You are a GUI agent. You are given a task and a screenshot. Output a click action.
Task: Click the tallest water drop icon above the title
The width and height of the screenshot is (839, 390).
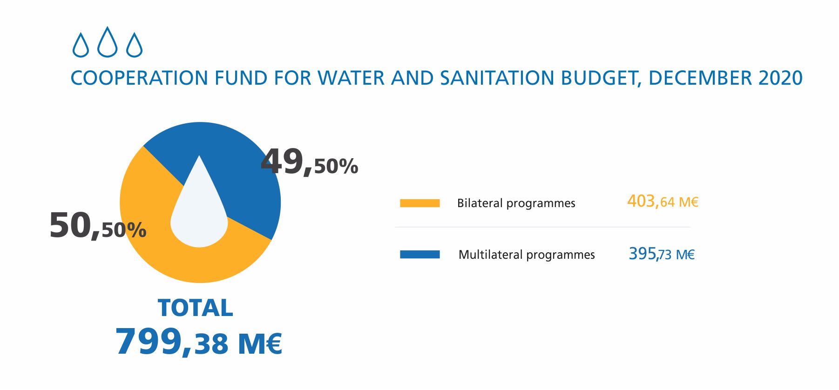(108, 43)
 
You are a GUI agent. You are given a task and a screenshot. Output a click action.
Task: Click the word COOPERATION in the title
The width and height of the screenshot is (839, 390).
(139, 78)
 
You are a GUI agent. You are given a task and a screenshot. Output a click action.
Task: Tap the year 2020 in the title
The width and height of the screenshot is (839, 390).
(780, 78)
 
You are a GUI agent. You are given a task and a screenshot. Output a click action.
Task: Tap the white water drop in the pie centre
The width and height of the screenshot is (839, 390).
(199, 214)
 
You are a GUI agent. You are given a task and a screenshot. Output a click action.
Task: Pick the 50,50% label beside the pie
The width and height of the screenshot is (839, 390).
(98, 226)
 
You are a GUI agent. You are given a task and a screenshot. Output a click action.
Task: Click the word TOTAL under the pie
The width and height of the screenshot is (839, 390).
(196, 308)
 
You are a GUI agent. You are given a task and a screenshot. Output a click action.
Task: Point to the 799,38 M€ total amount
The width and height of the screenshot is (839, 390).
(198, 342)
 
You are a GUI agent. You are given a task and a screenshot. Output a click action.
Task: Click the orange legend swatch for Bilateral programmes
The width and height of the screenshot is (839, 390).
(419, 203)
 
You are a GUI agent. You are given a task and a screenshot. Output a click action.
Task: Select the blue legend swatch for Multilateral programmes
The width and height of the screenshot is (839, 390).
(419, 255)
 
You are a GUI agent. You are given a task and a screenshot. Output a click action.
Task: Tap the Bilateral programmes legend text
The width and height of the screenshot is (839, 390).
(516, 203)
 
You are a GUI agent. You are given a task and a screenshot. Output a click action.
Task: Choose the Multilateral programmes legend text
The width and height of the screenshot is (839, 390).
(527, 255)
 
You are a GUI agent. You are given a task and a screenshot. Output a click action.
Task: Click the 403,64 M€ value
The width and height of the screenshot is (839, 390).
(663, 202)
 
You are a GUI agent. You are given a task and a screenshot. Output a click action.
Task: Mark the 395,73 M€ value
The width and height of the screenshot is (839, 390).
(662, 254)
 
